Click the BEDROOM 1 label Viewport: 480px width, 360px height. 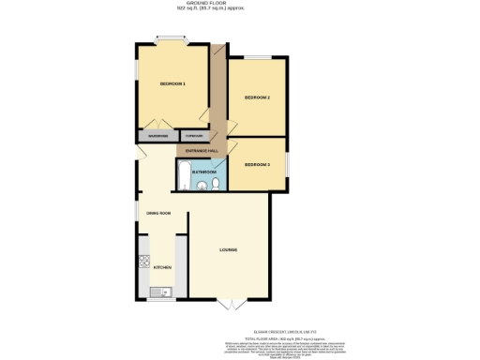[172, 84]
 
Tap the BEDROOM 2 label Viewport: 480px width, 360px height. [257, 97]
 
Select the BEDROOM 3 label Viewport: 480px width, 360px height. [257, 165]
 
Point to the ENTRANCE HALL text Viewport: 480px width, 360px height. [202, 151]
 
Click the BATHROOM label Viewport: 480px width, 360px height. [204, 172]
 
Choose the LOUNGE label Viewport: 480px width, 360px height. [228, 249]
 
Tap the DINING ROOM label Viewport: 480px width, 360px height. [158, 214]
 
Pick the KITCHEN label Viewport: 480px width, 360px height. [163, 267]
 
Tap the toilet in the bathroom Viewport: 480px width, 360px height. [215, 186]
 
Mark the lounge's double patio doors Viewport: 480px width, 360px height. [232, 304]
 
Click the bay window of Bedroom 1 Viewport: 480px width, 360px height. [172, 40]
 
